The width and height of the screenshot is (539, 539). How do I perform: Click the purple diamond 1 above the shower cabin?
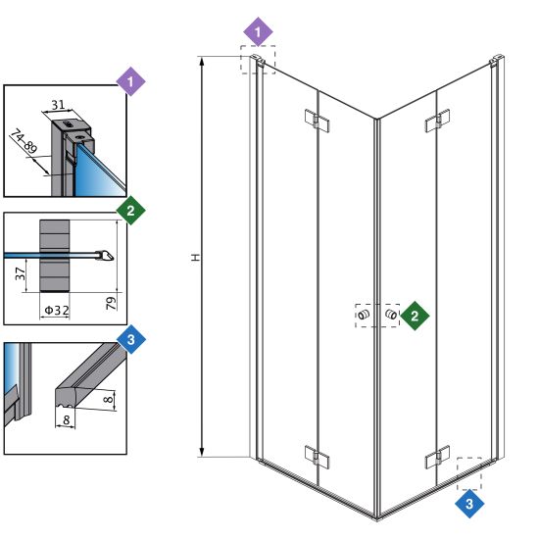[258, 31]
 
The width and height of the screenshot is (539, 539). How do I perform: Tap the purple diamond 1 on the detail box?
[130, 81]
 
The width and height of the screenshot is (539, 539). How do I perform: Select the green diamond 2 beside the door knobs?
[415, 316]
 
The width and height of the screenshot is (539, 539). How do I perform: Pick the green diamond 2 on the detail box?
[130, 211]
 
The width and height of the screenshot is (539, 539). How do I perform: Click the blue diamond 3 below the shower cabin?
[469, 504]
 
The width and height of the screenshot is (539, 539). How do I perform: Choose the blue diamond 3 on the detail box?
[131, 339]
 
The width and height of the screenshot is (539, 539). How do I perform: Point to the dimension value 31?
[58, 105]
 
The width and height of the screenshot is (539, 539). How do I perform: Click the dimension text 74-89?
[24, 141]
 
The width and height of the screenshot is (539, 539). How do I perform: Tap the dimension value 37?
[21, 274]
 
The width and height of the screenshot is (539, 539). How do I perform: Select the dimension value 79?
[111, 303]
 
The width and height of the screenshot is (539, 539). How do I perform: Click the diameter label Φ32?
[57, 311]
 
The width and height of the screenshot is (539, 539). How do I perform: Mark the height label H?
[195, 258]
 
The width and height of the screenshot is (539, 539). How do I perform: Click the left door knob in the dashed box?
[363, 315]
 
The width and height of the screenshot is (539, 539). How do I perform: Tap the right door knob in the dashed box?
[390, 314]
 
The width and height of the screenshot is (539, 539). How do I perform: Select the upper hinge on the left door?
[317, 121]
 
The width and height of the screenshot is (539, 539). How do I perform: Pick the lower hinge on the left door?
[317, 457]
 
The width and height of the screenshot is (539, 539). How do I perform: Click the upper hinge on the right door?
[437, 121]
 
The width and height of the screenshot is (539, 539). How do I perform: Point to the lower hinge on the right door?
[437, 457]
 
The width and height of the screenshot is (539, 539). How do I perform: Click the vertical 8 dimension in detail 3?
[108, 399]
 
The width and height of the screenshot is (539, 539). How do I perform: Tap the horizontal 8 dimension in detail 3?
[67, 419]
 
